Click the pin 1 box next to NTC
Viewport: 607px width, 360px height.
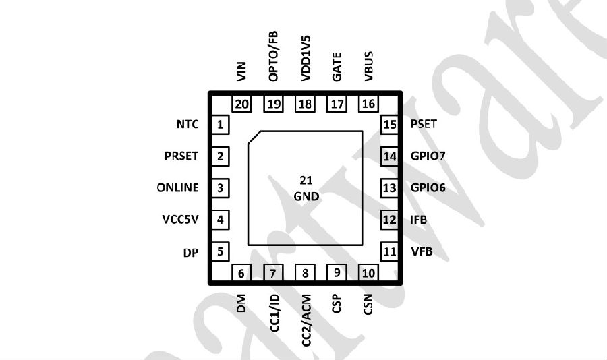click(x=221, y=125)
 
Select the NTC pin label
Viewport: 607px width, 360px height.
click(x=187, y=124)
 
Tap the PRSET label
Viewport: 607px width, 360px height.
click(x=181, y=156)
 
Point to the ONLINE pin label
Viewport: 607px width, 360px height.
click(x=177, y=187)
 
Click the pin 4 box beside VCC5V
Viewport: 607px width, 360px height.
click(x=221, y=220)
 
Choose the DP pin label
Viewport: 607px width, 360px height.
click(x=191, y=252)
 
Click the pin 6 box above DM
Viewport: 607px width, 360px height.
click(x=241, y=273)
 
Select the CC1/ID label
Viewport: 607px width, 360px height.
click(x=274, y=313)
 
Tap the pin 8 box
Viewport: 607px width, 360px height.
click(x=305, y=273)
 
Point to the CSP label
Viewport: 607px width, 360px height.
click(x=337, y=303)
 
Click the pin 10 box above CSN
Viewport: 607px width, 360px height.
click(x=368, y=273)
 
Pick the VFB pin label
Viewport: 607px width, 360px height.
click(x=422, y=251)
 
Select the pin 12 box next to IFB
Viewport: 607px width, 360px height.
click(x=389, y=220)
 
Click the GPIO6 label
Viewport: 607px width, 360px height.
click(x=428, y=187)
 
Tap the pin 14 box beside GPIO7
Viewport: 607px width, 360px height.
click(x=389, y=156)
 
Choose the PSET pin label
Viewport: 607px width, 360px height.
click(x=424, y=124)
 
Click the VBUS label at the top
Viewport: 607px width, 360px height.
click(x=368, y=66)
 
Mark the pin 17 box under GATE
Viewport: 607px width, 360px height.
click(x=337, y=103)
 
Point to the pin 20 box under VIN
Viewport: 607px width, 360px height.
click(x=241, y=103)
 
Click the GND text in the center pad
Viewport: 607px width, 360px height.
click(x=306, y=197)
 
